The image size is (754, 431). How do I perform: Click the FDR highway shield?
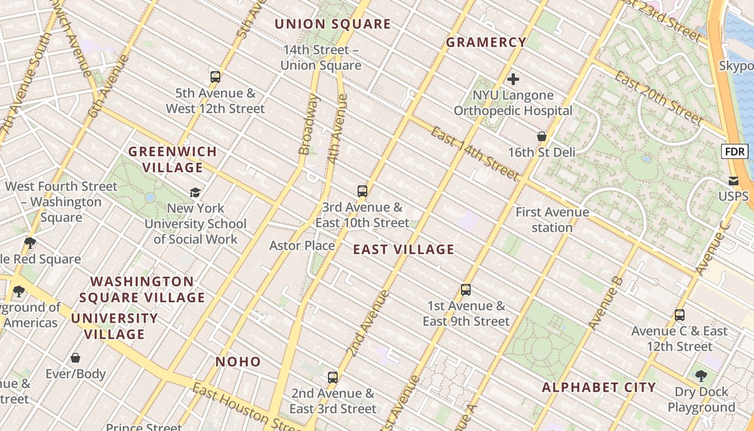735,152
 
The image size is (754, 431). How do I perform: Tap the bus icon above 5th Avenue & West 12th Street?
215,77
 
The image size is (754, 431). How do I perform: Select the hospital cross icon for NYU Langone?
513,79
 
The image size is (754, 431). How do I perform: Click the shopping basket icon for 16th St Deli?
542,136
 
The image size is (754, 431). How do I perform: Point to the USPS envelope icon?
734,180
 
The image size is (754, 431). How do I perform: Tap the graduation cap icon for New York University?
195,192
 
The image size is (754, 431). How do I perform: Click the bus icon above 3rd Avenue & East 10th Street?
362,191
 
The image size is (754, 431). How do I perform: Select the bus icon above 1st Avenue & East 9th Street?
466,290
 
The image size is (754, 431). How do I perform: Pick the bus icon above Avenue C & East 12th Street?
680,315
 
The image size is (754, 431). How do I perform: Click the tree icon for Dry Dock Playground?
701,376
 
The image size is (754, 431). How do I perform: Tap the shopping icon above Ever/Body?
75,358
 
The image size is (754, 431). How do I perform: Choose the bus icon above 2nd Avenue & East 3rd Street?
333,377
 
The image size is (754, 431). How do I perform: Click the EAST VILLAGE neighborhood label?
403,249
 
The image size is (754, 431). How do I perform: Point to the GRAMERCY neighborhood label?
486,42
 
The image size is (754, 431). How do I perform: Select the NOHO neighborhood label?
238,362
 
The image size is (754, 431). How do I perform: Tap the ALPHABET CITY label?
599,387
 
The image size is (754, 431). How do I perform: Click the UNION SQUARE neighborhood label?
332,24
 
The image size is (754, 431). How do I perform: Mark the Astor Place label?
302,246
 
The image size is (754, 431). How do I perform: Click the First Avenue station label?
552,220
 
